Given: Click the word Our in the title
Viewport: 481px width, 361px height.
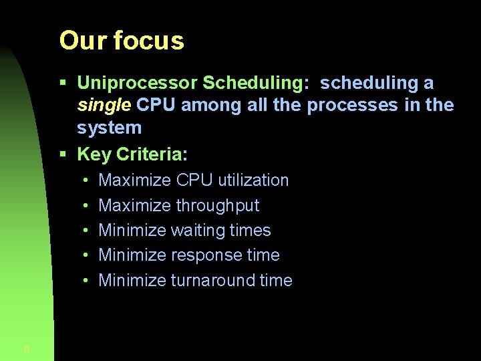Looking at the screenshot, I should point(83,41).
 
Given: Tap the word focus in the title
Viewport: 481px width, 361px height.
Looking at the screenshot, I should point(148,41).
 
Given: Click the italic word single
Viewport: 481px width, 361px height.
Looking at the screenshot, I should point(104,105).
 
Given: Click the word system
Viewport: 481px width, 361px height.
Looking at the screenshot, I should point(109,128).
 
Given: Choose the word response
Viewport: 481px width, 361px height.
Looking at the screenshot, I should point(207,255).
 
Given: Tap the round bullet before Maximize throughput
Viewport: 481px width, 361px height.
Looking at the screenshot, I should point(87,206).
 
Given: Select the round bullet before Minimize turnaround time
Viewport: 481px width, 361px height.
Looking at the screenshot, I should point(87,281).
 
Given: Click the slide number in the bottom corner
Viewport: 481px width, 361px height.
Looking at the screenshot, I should point(26,348).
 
